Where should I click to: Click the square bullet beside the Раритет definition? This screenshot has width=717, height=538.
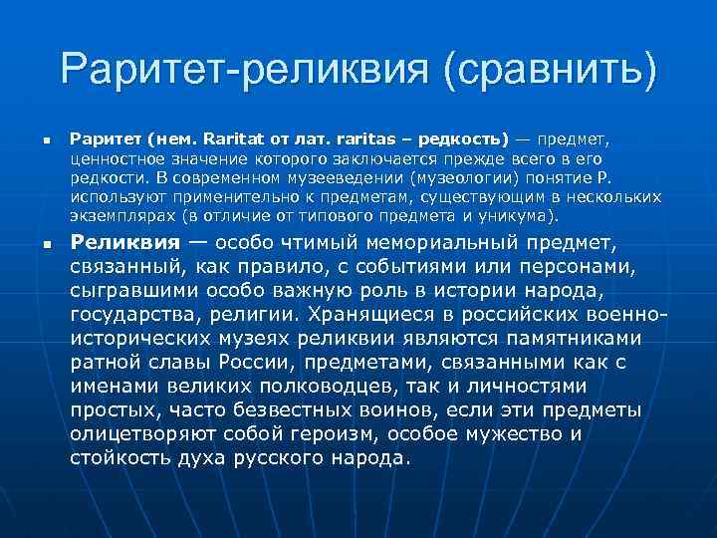[34, 140]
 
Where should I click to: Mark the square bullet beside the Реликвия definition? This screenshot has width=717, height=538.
[34, 243]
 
